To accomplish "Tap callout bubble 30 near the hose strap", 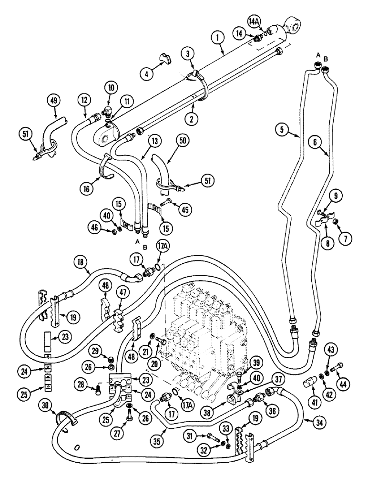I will [47, 405].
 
